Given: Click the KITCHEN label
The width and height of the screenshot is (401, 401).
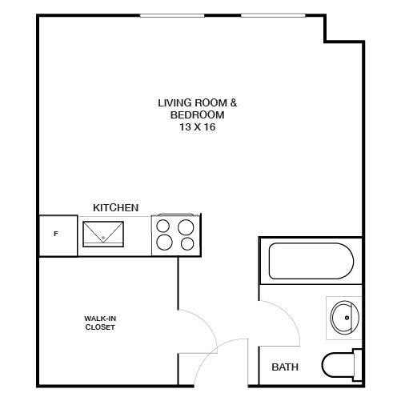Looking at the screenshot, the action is click(116, 207).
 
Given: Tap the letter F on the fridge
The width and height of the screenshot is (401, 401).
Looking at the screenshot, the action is click(56, 234).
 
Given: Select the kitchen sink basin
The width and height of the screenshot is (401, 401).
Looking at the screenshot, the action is click(103, 234).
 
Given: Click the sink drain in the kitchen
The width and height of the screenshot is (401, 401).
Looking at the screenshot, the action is click(103, 238).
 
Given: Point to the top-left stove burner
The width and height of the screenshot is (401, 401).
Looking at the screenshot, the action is click(162, 226).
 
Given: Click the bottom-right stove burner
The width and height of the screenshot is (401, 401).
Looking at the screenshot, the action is click(187, 243).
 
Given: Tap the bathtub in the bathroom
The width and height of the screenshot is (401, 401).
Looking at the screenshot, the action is click(311, 261).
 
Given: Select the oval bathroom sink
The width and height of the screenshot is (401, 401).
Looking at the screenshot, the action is click(345, 317).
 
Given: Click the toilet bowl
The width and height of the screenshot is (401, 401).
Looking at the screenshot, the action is click(338, 365).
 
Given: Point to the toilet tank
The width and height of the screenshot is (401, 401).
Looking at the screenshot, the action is click(358, 365).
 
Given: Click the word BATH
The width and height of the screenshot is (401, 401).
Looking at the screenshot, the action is click(285, 367).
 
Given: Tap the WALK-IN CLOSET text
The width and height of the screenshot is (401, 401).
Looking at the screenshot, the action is click(100, 323).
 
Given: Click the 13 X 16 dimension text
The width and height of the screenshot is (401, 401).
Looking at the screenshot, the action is click(197, 127).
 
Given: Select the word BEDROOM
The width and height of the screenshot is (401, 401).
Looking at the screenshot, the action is click(197, 115).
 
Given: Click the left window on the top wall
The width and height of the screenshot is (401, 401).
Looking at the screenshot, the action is click(172, 16).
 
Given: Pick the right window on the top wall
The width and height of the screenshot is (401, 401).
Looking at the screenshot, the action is click(273, 15).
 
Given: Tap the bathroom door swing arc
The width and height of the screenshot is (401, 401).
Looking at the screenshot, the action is click(289, 314).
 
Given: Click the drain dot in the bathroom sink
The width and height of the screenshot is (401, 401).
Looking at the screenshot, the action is click(347, 318).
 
